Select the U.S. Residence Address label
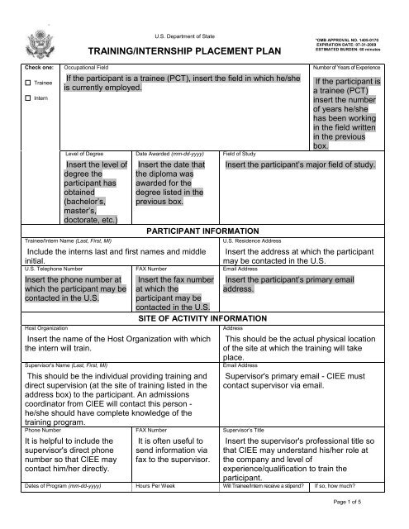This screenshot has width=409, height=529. (254, 239)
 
